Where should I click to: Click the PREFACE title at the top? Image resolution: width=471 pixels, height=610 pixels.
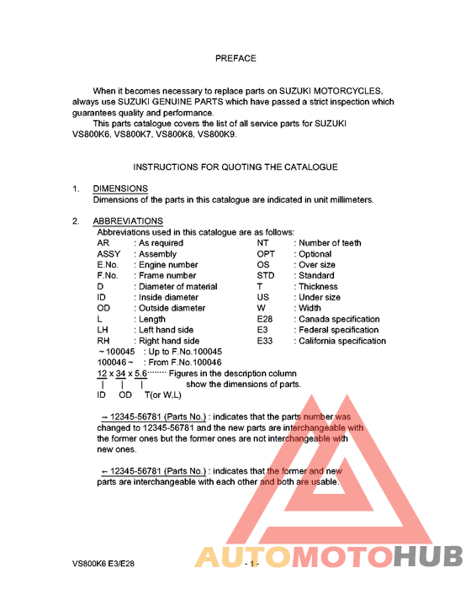click(235, 59)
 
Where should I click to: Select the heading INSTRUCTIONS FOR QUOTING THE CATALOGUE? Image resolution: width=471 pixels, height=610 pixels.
click(235, 167)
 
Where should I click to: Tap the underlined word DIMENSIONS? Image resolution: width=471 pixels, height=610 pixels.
click(120, 188)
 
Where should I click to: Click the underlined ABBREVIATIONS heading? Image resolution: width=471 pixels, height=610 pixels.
click(128, 221)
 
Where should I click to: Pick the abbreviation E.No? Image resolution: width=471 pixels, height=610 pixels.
click(111, 265)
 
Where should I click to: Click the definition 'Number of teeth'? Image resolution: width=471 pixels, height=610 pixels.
click(331, 243)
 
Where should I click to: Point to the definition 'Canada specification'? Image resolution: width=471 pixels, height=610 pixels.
click(340, 320)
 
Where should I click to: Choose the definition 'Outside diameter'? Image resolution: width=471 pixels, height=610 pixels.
click(172, 309)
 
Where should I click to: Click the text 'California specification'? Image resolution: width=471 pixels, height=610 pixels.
click(343, 342)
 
